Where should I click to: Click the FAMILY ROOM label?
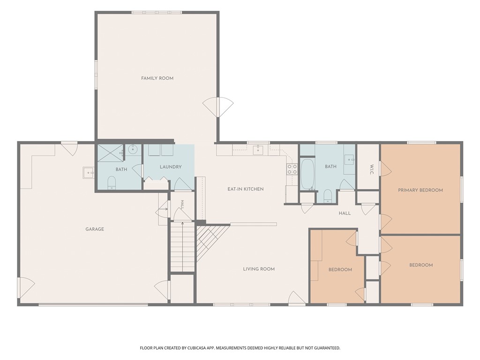[x=157, y=78]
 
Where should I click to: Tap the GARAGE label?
[x=95, y=229]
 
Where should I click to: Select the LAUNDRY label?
[x=171, y=167]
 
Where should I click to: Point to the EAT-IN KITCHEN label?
[x=246, y=189]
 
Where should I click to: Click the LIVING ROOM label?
[x=259, y=269]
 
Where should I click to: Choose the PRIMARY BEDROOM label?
[x=420, y=190]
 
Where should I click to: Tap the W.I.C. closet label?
[x=372, y=170]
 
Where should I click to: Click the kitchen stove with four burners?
[x=292, y=169]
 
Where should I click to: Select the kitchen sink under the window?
[x=258, y=150]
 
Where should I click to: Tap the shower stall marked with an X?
[x=111, y=152]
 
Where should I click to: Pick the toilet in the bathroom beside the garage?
[x=112, y=183]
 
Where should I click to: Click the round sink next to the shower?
[x=133, y=150]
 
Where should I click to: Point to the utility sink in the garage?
[x=88, y=173]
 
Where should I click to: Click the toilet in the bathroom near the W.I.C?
[x=328, y=196]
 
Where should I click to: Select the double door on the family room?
[x=218, y=107]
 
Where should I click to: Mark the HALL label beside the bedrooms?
[x=345, y=213]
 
